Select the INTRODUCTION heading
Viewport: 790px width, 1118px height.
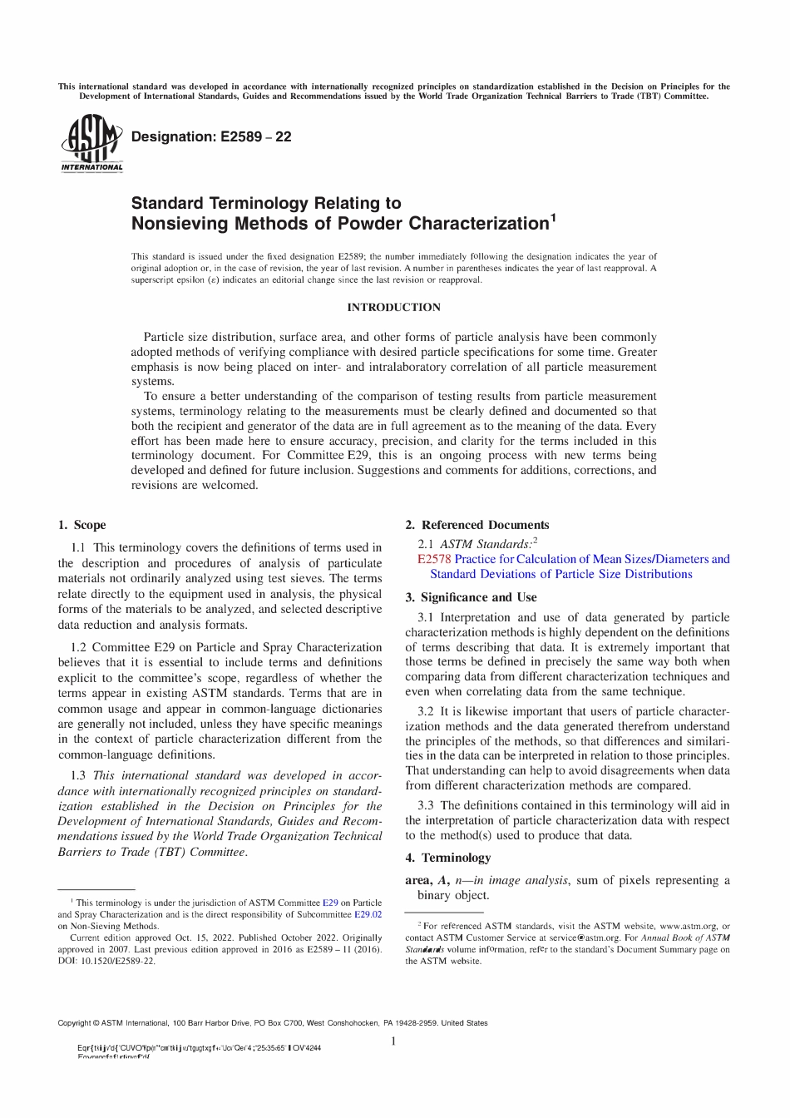(394, 308)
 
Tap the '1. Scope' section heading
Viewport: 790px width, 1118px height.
(81, 525)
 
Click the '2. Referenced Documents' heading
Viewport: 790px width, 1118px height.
(476, 525)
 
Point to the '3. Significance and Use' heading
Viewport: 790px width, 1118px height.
(471, 597)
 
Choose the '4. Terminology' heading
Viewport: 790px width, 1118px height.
(448, 858)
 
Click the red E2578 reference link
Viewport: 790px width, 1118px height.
(434, 559)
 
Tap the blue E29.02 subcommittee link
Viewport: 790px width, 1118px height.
(368, 913)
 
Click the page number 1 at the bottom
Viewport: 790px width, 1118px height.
(393, 1041)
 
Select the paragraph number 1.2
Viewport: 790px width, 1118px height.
(79, 647)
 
